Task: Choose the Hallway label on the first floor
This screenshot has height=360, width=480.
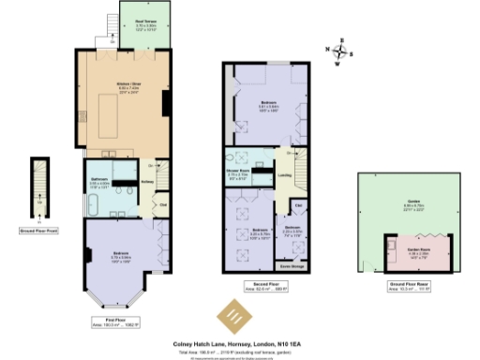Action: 147,181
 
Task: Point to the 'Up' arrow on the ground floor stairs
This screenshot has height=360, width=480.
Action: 38,200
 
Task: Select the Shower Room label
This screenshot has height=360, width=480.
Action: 236,171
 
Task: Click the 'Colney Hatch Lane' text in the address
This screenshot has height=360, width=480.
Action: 194,343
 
